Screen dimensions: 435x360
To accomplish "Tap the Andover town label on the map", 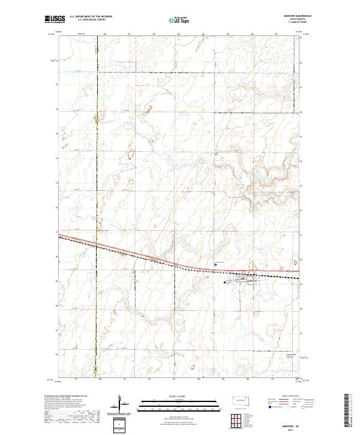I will click(251, 278).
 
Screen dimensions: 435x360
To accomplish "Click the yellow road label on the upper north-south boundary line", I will click(96, 119).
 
